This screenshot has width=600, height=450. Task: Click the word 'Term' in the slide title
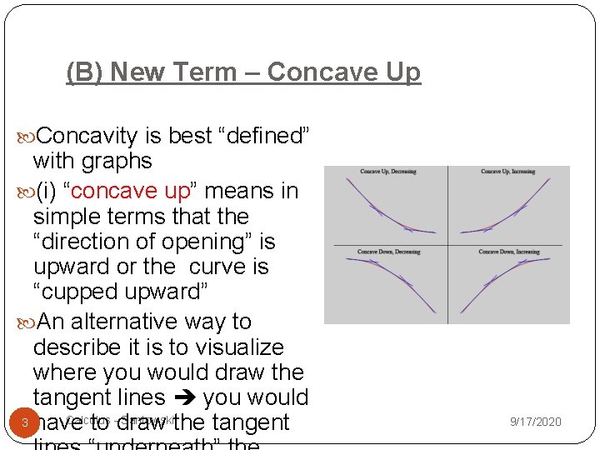224,72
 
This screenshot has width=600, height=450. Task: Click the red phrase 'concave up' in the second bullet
132,191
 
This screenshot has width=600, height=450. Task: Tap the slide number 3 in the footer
25,422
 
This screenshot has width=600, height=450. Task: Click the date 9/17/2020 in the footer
535,422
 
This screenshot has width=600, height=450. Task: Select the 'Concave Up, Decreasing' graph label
387,172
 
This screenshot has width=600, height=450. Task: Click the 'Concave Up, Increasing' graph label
507,172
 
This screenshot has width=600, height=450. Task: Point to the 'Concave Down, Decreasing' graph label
389,252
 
